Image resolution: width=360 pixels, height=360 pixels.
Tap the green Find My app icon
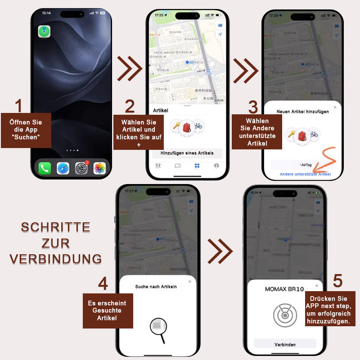click(44, 31)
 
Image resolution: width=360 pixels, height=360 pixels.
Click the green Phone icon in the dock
click(45, 169)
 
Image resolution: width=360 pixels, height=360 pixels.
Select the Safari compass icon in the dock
click(63, 169)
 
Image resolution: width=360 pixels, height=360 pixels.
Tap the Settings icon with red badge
click(81, 169)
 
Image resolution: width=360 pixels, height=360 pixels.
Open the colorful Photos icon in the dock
click(99, 169)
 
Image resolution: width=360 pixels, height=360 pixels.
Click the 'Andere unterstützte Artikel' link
click(305, 174)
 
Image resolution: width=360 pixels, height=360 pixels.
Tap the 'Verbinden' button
click(285, 344)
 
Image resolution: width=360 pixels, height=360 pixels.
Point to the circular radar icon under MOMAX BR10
click(285, 315)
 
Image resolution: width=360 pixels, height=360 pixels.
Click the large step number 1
click(18, 106)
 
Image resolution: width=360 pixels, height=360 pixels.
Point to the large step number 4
click(103, 284)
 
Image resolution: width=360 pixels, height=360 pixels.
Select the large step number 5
click(337, 281)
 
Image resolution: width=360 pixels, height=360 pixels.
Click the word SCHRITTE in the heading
click(55, 227)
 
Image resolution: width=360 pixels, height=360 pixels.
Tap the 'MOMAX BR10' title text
click(284, 289)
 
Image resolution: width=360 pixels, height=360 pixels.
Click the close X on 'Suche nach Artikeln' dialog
click(189, 281)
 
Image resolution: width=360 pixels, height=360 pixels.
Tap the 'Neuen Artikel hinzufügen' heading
click(302, 112)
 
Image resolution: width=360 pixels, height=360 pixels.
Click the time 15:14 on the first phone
click(46, 13)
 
